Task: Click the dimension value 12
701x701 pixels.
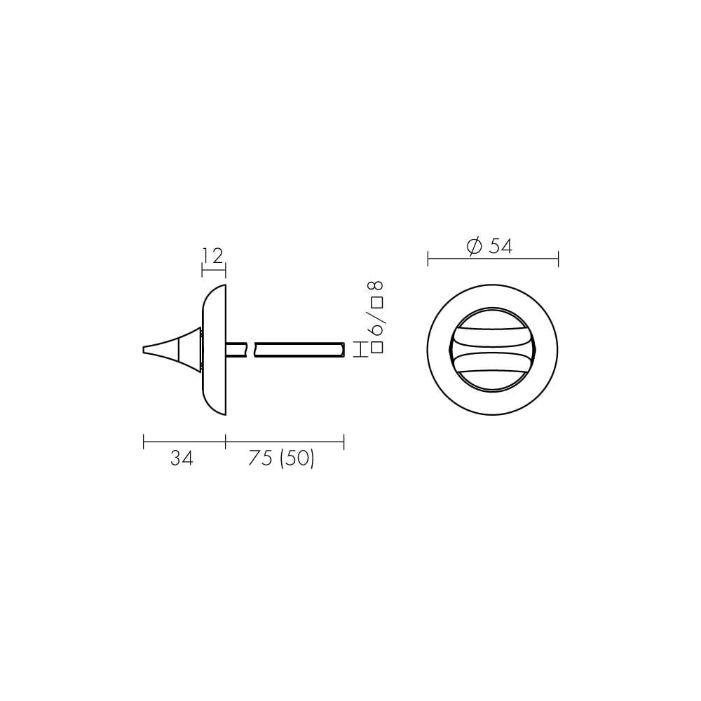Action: (212, 256)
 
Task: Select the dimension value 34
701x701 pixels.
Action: (182, 458)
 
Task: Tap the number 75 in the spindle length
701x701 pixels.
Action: (260, 458)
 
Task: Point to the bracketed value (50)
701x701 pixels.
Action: (297, 458)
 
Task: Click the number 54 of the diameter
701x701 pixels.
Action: (501, 246)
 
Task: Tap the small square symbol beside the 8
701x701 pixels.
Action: (378, 303)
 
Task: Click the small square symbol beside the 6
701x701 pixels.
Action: (378, 348)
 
